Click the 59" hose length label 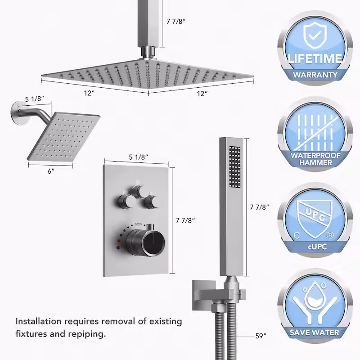pyautogui.click(x=261, y=336)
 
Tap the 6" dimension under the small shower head pyautogui.click(x=51, y=171)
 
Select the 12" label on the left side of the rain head pyautogui.click(x=89, y=93)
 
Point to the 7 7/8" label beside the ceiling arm pyautogui.click(x=176, y=21)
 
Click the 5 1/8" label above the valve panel pyautogui.click(x=138, y=157)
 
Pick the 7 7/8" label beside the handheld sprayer pyautogui.click(x=259, y=207)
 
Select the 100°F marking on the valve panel pyautogui.click(x=138, y=224)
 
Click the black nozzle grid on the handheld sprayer pyautogui.click(x=234, y=167)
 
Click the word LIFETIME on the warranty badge pyautogui.click(x=315, y=58)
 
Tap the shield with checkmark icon pyautogui.click(x=315, y=35)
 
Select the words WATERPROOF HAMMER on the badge pyautogui.click(x=315, y=159)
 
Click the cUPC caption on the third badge pyautogui.click(x=317, y=247)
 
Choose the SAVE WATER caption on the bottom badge pyautogui.click(x=314, y=333)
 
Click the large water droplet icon pyautogui.click(x=315, y=296)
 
